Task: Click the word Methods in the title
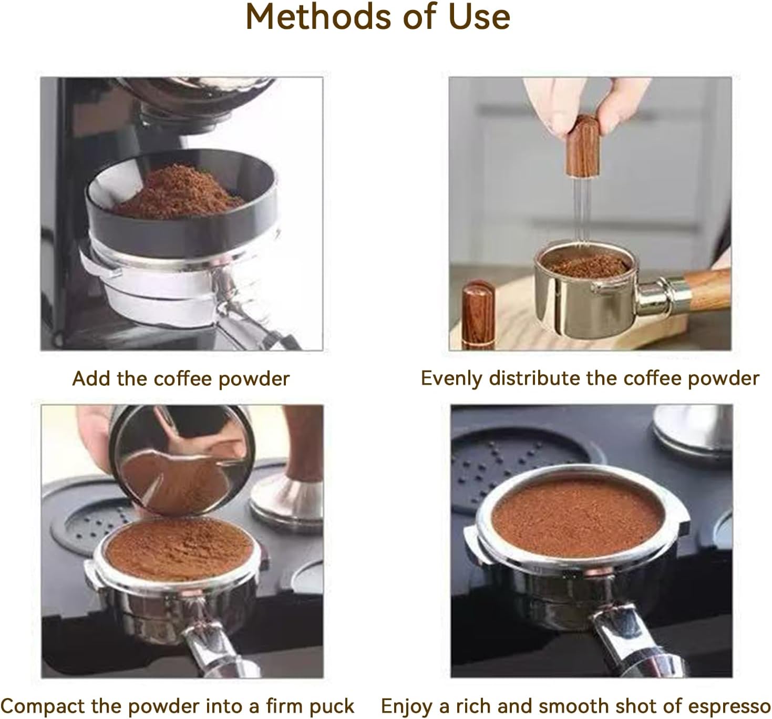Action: click(x=317, y=17)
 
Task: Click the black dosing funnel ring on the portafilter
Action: click(x=173, y=226)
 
